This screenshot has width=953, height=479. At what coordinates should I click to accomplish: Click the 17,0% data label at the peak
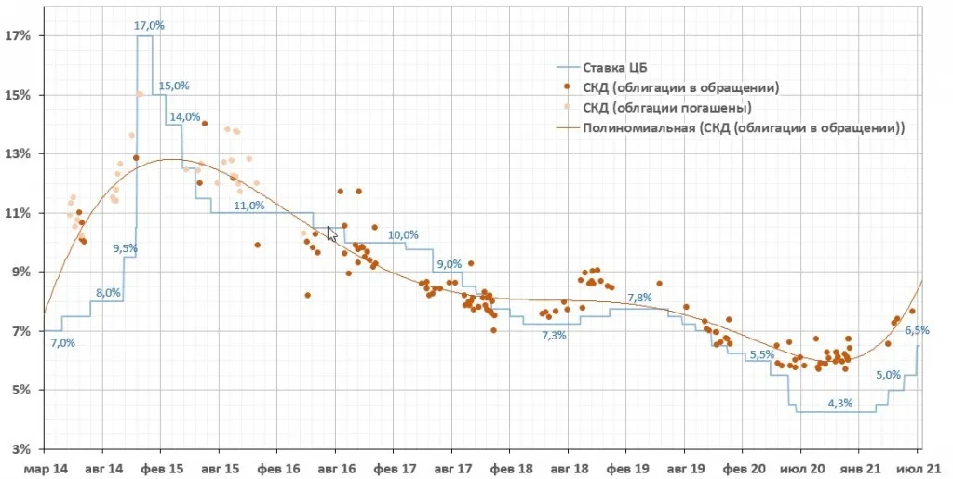click(x=150, y=25)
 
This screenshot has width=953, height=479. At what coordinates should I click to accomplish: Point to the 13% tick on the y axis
click(x=18, y=154)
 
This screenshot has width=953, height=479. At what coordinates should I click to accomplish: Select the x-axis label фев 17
click(x=394, y=469)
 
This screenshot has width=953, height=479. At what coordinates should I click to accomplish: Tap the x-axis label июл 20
click(x=800, y=469)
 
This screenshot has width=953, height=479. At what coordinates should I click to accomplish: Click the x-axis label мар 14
click(x=45, y=469)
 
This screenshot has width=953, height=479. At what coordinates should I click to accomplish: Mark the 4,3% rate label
click(x=840, y=403)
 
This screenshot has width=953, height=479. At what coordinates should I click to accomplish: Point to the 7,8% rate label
click(x=639, y=298)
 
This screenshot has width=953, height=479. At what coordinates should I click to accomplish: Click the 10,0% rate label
click(x=404, y=235)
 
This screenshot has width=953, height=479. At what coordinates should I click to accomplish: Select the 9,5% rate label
click(x=126, y=248)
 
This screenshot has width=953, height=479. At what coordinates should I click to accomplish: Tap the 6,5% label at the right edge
click(x=917, y=330)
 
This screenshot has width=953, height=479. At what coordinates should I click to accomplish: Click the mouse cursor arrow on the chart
click(x=332, y=233)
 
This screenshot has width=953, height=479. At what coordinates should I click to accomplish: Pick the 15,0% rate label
click(x=174, y=86)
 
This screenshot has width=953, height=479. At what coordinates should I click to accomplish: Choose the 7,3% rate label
click(x=554, y=335)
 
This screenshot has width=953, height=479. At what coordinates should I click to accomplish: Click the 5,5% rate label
click(x=762, y=354)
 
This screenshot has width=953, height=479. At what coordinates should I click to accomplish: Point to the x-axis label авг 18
click(x=568, y=469)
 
